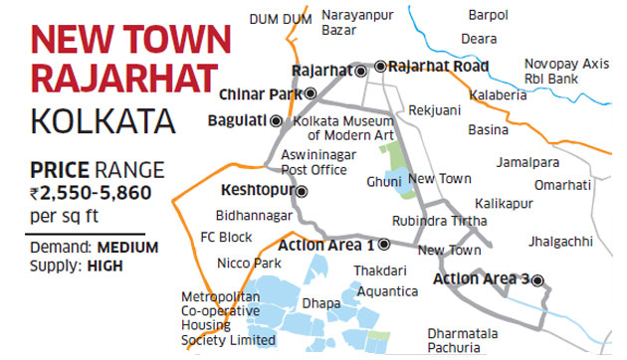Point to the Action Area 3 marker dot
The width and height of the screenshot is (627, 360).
click(x=538, y=279)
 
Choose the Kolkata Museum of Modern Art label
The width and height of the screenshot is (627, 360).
click(x=344, y=127)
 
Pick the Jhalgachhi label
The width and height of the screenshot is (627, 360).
click(x=567, y=241)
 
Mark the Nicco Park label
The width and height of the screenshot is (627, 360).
click(x=248, y=263)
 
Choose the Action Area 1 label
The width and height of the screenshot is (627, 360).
click(x=325, y=245)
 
